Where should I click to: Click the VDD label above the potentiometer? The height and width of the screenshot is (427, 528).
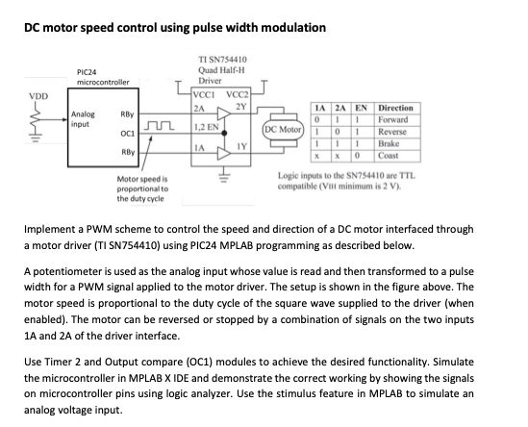coord(38,96)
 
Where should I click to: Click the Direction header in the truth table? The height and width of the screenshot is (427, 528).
coord(395,108)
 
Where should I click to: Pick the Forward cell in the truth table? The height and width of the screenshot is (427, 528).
coord(393,119)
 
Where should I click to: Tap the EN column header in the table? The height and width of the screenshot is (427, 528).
coord(361,108)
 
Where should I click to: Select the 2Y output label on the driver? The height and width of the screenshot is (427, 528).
coord(242,106)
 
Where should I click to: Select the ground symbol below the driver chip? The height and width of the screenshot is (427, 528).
coord(222,175)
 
